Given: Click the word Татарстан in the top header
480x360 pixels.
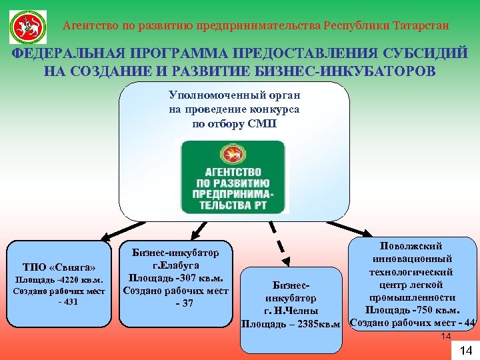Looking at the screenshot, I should click(x=420, y=26).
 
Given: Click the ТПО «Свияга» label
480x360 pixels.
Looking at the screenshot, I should click(x=63, y=265).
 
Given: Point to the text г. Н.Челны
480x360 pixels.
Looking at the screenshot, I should click(x=291, y=311).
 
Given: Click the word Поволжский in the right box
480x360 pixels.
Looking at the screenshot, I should click(x=413, y=246).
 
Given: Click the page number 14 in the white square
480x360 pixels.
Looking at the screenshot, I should click(x=466, y=351).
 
